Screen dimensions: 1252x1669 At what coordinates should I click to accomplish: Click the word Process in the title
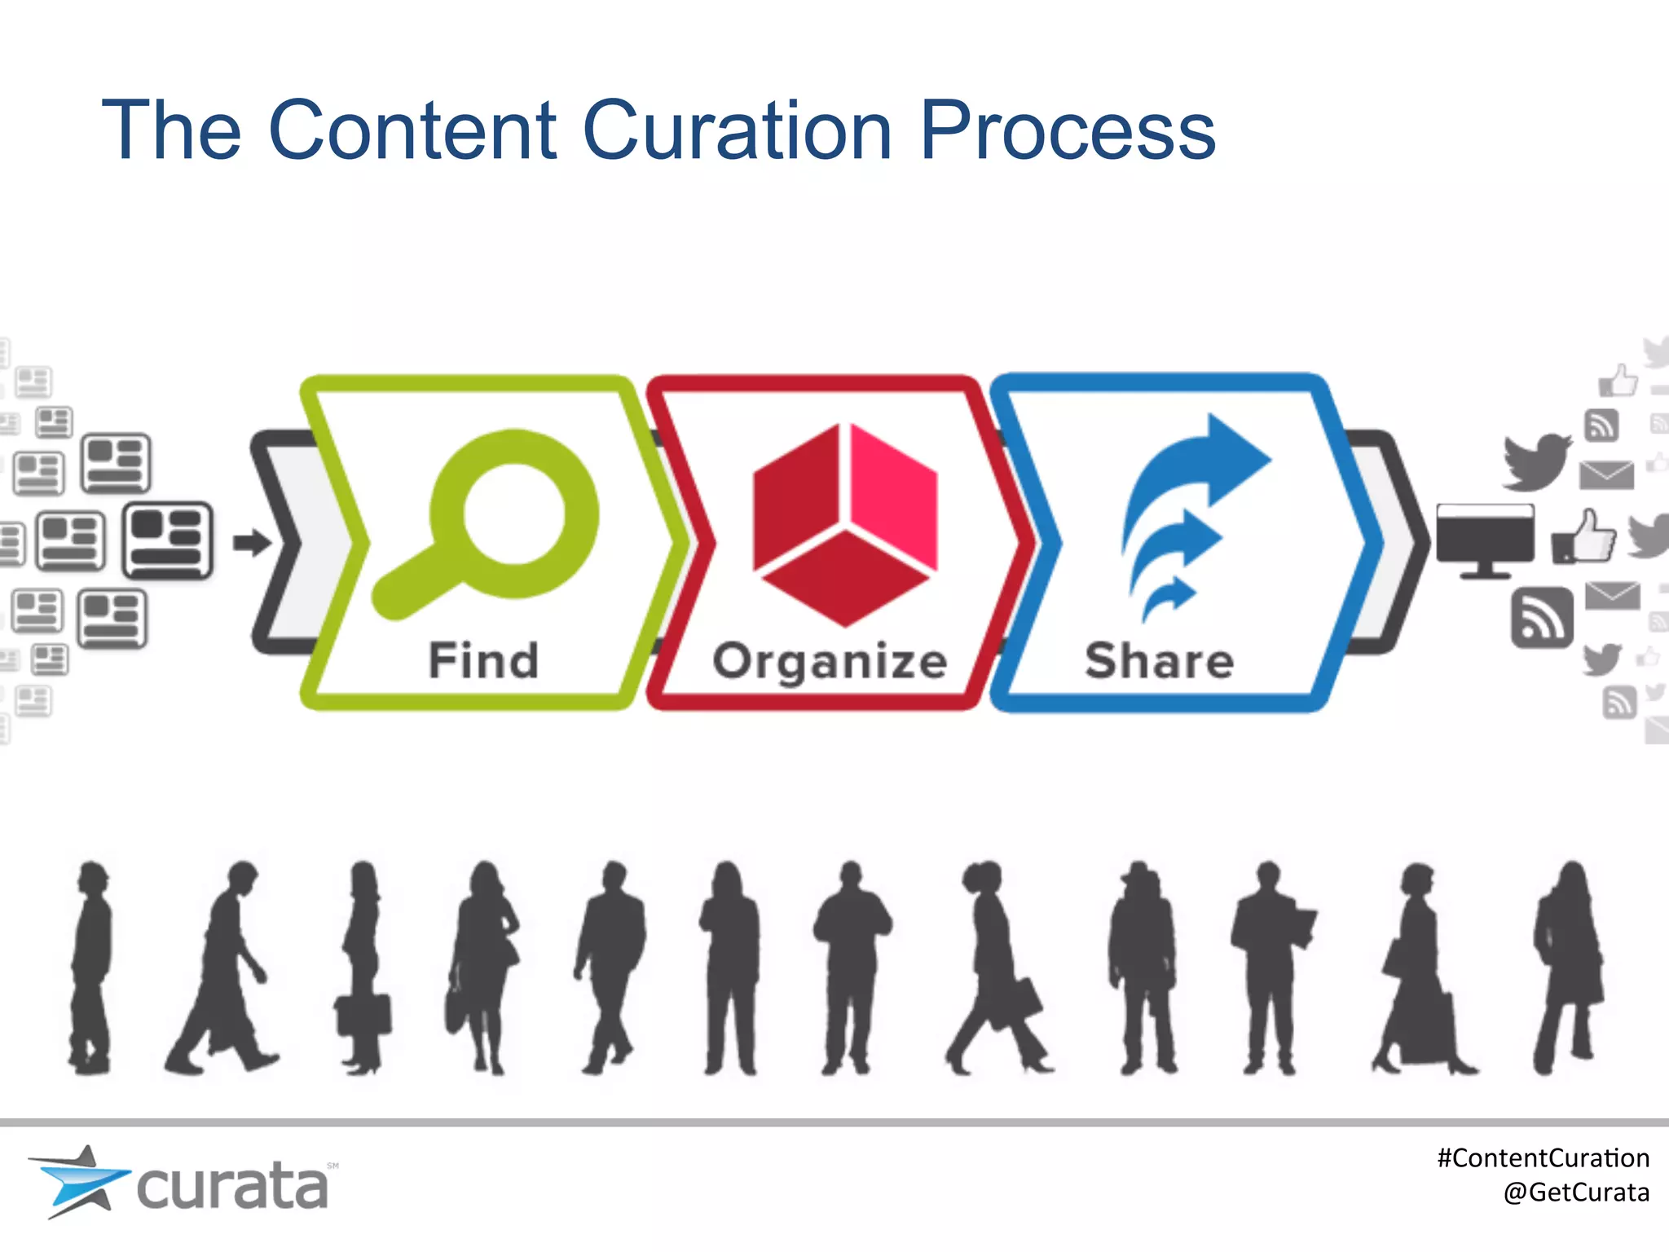1068,130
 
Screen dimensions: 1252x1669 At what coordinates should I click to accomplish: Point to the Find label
483,660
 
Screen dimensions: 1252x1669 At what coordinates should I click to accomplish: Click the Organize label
830,661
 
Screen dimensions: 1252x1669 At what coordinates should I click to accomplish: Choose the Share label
1159,660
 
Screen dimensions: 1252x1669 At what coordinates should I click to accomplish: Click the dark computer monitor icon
1485,538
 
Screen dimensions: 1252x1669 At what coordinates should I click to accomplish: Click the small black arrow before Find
252,543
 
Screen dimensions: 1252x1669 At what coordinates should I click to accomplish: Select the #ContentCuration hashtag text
1543,1158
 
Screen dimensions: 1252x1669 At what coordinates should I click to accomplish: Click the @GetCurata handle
1576,1192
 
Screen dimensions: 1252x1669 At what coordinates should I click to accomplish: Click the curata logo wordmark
232,1187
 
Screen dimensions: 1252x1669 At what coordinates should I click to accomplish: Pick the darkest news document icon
168,540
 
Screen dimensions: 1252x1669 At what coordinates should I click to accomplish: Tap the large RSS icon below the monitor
1542,618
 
